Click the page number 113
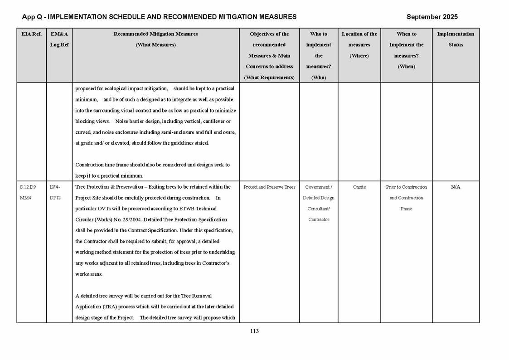(254, 331)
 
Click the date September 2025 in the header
(431, 17)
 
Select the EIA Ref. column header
(31, 34)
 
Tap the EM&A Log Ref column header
(59, 39)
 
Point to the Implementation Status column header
(456, 39)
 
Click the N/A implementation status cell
(456, 187)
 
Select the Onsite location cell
(359, 187)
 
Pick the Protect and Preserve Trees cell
(269, 187)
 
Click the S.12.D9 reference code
(28, 187)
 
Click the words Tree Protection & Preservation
(107, 187)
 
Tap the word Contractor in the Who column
(319, 219)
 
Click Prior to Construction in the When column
(406, 187)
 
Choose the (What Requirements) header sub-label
(269, 78)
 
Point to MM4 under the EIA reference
(26, 198)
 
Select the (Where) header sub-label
(359, 56)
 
